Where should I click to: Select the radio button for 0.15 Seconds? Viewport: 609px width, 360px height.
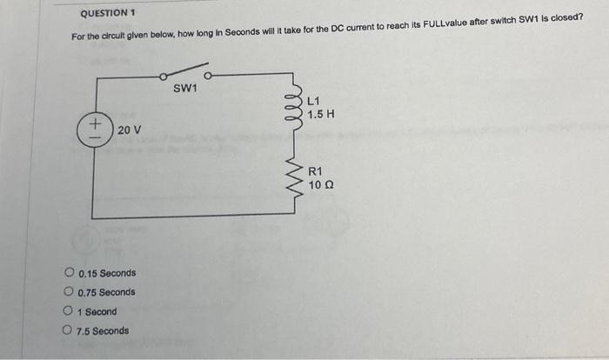[68, 272]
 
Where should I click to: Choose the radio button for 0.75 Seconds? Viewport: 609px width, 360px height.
[68, 291]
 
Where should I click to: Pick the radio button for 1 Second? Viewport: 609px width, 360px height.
[68, 310]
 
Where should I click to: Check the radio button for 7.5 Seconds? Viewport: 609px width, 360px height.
[68, 330]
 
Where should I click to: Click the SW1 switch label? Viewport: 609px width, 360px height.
[185, 88]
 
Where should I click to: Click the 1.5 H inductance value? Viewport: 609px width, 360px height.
[321, 114]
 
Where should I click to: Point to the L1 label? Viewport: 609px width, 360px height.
[314, 102]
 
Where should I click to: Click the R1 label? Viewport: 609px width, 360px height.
[315, 172]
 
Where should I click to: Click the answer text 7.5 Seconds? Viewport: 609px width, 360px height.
[103, 330]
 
